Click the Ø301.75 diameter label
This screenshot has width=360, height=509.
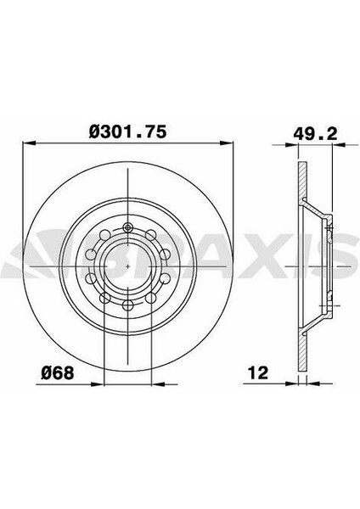tap(127, 131)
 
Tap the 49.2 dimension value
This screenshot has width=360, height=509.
tap(315, 134)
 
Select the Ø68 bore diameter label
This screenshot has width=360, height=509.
tap(58, 373)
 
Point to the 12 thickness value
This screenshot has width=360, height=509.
tap(258, 373)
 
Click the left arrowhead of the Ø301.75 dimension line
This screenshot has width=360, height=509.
tap(29, 143)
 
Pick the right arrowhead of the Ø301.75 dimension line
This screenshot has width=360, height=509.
tap(227, 143)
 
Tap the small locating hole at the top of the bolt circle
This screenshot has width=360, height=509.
tap(127, 227)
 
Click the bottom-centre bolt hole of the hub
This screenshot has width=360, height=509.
tap(127, 305)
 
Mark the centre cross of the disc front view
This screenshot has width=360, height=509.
tap(127, 266)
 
